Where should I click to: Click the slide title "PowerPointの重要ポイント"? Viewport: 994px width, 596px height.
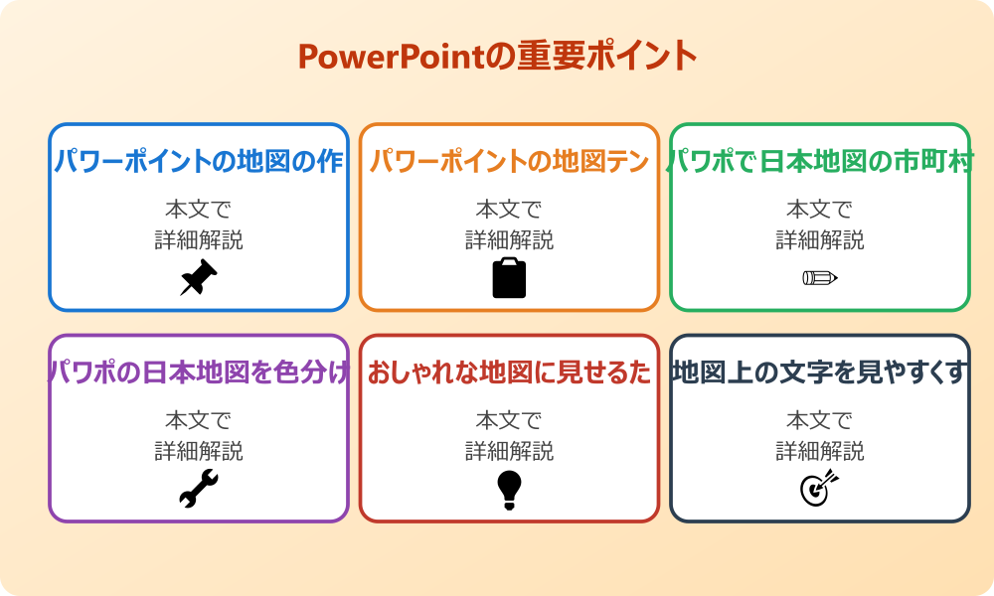497,57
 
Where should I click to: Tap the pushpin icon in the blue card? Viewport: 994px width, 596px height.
198,277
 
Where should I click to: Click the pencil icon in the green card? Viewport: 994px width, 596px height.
820,277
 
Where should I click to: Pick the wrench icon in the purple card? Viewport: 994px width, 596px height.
198,489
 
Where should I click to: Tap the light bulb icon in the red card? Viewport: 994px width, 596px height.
509,489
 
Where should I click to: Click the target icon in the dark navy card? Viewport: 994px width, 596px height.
820,489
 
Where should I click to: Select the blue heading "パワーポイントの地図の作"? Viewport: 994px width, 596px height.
199,161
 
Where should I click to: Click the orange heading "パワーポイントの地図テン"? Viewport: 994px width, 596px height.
509,161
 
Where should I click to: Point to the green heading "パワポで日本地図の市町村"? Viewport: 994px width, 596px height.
820,161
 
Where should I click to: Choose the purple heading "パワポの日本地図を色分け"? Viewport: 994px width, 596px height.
199,372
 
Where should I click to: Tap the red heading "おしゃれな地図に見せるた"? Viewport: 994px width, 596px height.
509,372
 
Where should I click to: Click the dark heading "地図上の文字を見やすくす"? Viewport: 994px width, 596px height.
820,372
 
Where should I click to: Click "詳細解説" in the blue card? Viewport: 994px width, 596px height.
199,239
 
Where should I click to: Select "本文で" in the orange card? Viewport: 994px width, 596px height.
509,210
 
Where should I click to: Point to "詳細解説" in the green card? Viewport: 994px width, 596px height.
820,239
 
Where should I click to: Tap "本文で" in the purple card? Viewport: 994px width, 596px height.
199,421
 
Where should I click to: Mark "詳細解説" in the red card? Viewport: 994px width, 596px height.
509,451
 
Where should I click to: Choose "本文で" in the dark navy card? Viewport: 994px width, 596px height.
820,421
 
